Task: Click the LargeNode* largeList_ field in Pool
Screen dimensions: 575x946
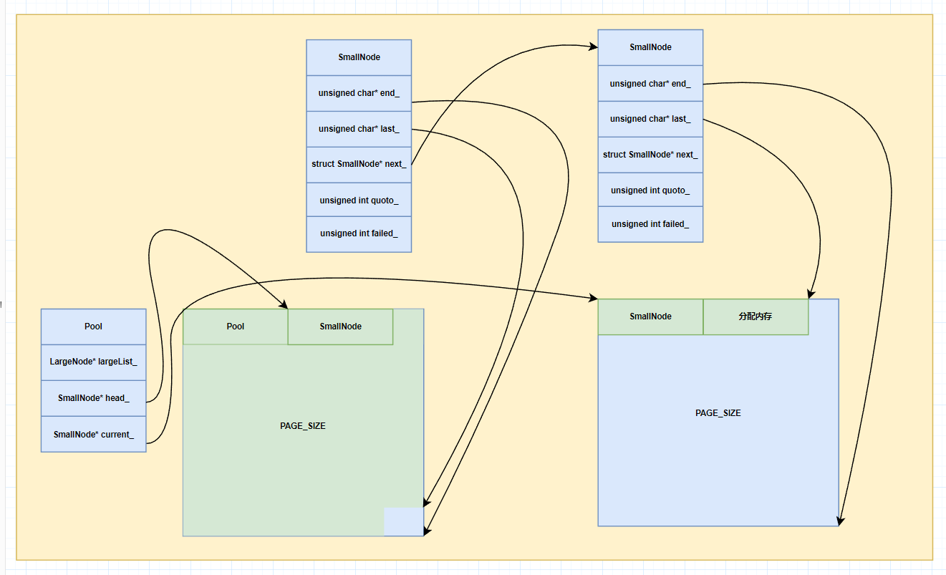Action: pos(93,362)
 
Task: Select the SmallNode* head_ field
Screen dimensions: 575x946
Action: pos(93,398)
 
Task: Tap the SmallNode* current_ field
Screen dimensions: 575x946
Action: pos(93,434)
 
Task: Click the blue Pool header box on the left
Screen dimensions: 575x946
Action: pos(93,327)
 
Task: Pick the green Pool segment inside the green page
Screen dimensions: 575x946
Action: pos(235,327)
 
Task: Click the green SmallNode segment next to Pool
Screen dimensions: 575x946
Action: pos(340,327)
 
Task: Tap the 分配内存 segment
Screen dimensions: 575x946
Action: pos(756,317)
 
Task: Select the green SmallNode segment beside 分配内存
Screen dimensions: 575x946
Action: pos(650,317)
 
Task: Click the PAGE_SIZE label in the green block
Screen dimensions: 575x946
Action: pos(302,426)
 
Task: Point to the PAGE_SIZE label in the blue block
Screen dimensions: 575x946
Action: pos(718,413)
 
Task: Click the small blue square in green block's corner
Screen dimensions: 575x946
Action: pos(403,521)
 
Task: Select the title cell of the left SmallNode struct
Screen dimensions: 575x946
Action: pos(359,57)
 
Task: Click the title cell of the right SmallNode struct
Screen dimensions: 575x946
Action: pos(650,47)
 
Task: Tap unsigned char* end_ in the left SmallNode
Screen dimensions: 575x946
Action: pos(359,93)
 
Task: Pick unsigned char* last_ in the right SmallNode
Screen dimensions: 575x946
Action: pos(650,119)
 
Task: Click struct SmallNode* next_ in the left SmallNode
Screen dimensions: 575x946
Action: pos(359,164)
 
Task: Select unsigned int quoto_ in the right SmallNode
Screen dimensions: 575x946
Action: pos(650,190)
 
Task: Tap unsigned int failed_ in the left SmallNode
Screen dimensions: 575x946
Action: pos(359,233)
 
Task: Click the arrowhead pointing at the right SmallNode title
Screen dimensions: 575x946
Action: pos(593,47)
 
